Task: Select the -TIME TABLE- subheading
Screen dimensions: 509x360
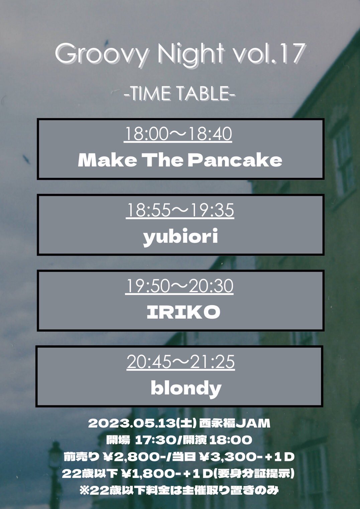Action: point(179,94)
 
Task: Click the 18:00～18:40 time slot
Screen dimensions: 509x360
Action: point(178,134)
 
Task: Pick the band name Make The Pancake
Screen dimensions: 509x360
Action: point(180,160)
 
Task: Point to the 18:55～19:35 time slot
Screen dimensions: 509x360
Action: point(180,211)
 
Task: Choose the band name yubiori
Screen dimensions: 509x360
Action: point(181,237)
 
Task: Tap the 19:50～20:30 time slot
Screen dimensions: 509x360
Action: point(179,286)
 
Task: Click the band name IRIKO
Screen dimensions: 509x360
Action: point(184,312)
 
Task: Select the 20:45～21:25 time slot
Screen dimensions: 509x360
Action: point(181,362)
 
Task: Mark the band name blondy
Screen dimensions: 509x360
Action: point(186,388)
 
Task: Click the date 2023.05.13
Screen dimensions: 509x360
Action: point(132,424)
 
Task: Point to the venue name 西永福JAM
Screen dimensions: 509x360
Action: point(235,424)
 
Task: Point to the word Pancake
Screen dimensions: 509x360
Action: point(235,160)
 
